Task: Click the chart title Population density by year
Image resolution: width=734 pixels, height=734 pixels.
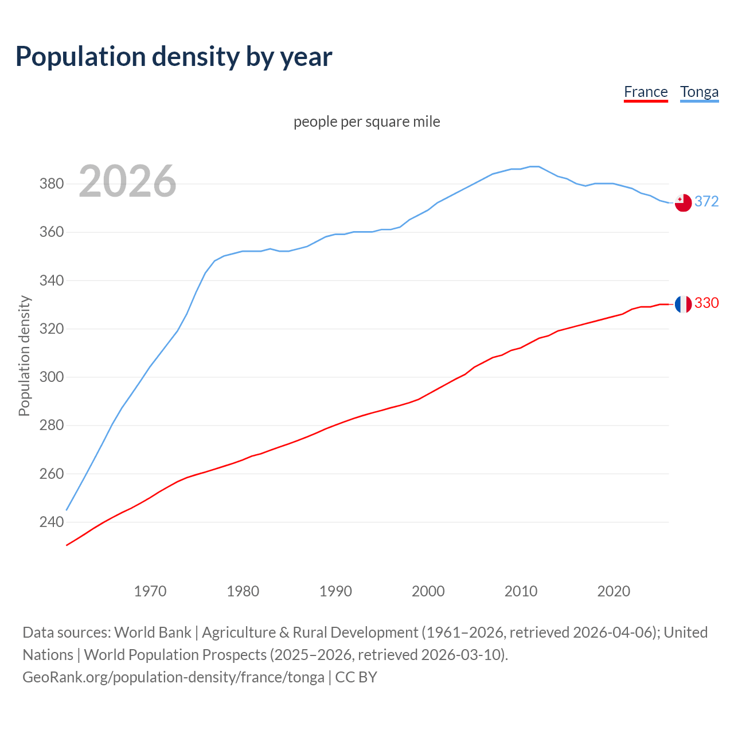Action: pyautogui.click(x=174, y=57)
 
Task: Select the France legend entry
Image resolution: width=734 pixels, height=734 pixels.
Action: pyautogui.click(x=646, y=92)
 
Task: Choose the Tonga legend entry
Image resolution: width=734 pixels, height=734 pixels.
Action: pyautogui.click(x=699, y=92)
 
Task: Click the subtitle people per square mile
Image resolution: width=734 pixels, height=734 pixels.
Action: pyautogui.click(x=367, y=122)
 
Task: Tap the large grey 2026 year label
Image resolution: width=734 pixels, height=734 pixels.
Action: pyautogui.click(x=127, y=181)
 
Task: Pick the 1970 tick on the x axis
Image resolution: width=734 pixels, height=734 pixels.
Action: pyautogui.click(x=150, y=591)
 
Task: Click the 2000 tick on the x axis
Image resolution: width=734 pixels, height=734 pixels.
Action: pyautogui.click(x=428, y=591)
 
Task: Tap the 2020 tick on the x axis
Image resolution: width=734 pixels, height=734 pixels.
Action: pyautogui.click(x=614, y=591)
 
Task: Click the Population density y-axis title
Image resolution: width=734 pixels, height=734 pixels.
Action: pyautogui.click(x=24, y=356)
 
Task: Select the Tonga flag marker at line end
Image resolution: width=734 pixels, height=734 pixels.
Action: pyautogui.click(x=683, y=202)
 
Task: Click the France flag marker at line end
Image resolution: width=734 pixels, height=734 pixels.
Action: pyautogui.click(x=683, y=304)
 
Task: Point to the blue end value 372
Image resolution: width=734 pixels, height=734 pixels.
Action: pyautogui.click(x=706, y=201)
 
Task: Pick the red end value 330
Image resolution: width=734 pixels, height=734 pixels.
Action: pyautogui.click(x=706, y=303)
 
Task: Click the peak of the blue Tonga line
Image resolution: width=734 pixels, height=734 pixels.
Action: pyautogui.click(x=534, y=166)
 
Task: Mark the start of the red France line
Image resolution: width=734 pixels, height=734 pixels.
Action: pyautogui.click(x=67, y=545)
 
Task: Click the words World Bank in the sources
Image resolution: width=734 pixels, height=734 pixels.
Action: pyautogui.click(x=153, y=633)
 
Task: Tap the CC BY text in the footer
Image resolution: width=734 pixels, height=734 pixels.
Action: pyautogui.click(x=356, y=677)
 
